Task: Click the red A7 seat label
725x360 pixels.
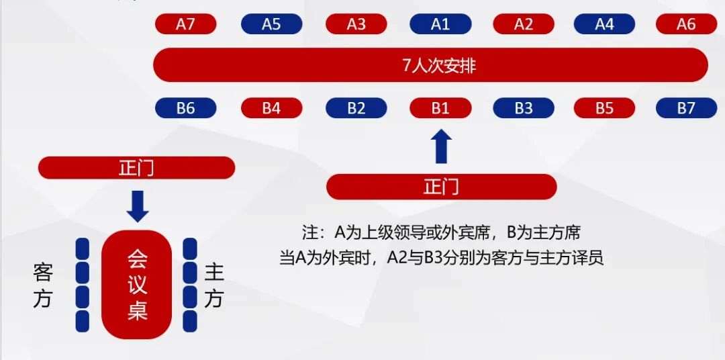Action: point(185,24)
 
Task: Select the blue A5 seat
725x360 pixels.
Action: point(271,24)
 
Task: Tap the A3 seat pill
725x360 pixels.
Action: point(356,24)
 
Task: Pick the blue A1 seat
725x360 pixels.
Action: point(440,24)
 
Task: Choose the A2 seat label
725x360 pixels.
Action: point(524,24)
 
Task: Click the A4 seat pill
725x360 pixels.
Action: point(605,24)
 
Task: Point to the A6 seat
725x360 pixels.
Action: point(686,24)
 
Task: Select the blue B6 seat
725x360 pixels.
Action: point(185,108)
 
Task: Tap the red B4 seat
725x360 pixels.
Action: point(271,108)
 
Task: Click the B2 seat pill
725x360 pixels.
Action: point(356,108)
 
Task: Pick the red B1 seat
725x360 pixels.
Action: point(440,108)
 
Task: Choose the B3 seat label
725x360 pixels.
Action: point(524,108)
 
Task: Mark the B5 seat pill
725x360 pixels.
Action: point(605,108)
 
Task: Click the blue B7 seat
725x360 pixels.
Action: point(686,108)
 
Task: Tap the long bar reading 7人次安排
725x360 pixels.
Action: point(430,65)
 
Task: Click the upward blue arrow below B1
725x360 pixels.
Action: point(441,147)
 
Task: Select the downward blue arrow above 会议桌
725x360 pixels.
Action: point(138,206)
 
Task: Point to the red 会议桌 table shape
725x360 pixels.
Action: point(137,284)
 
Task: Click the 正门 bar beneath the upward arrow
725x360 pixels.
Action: point(441,187)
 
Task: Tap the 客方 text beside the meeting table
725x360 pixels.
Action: point(42,285)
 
